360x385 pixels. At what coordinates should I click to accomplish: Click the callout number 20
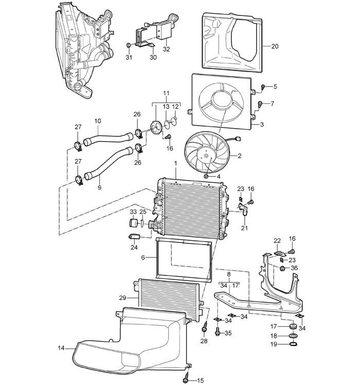[275, 46]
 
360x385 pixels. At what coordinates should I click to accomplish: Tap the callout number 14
[61, 348]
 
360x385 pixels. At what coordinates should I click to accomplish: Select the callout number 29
[123, 298]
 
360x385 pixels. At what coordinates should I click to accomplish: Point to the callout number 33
[133, 212]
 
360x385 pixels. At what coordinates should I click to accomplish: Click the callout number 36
[294, 268]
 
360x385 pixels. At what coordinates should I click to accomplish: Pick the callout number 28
[204, 341]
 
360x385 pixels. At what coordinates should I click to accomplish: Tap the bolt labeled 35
[218, 331]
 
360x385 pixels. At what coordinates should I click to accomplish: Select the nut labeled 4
[206, 176]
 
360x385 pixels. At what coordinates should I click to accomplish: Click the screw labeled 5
[263, 86]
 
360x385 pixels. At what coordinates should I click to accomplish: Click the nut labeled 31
[128, 45]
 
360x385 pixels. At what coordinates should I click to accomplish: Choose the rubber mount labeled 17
[293, 326]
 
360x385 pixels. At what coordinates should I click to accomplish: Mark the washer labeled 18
[293, 336]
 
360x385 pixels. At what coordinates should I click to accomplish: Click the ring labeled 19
[293, 344]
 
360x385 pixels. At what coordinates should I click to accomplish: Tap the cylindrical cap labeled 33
[134, 223]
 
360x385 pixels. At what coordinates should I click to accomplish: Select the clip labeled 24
[134, 236]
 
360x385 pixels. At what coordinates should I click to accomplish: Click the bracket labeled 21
[244, 209]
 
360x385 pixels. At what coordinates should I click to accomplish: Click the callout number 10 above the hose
[98, 121]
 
